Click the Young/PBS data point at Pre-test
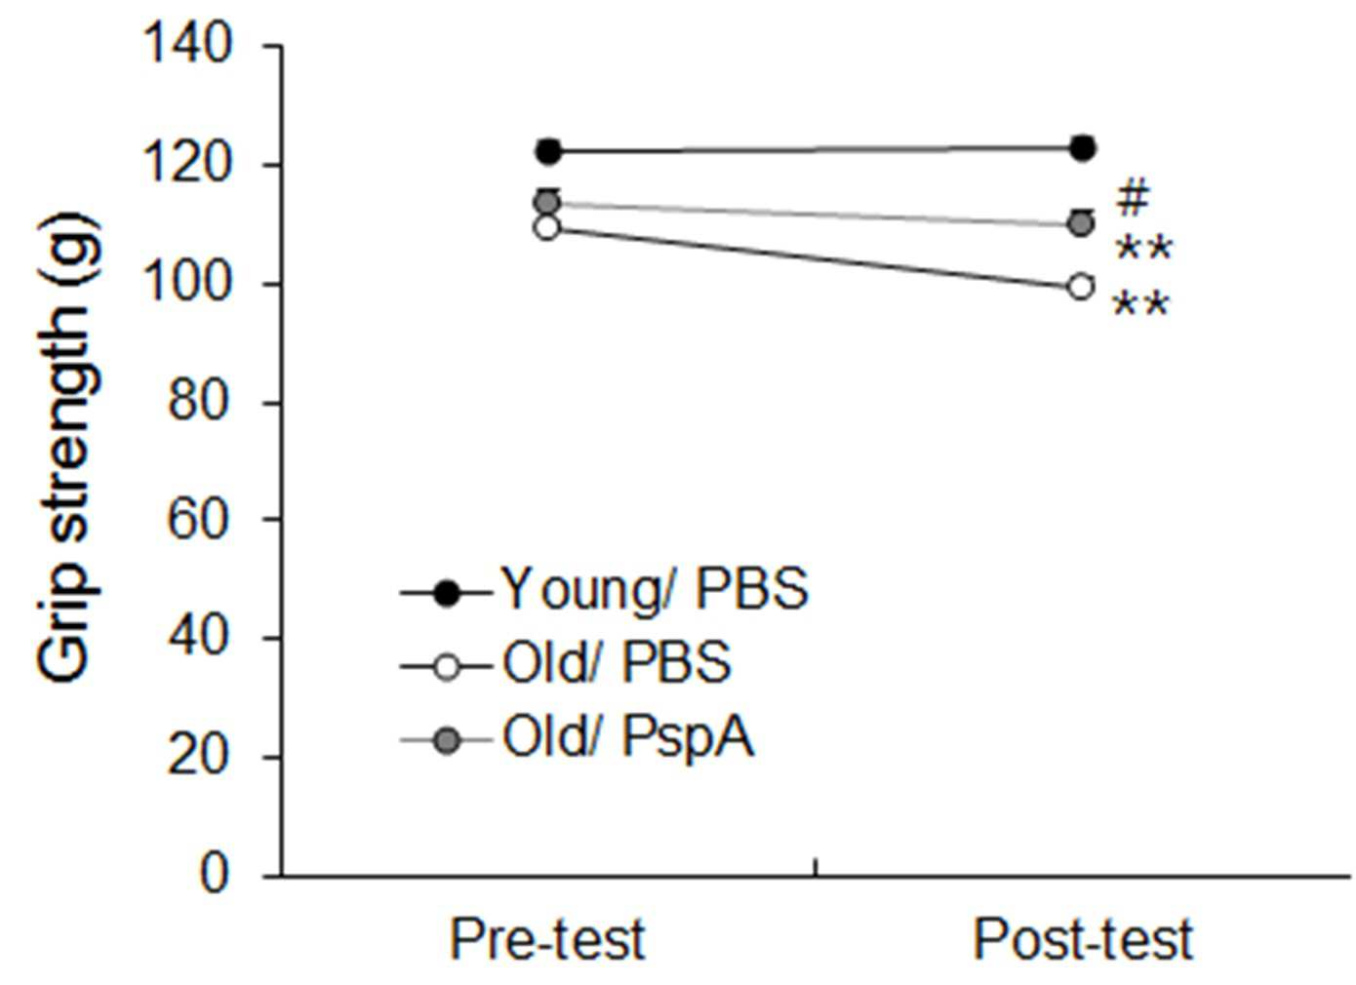point(548,150)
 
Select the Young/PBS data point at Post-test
point(1083,148)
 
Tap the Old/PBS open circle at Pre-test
point(547,228)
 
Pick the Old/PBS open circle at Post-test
point(1082,286)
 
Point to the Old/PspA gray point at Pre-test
point(548,202)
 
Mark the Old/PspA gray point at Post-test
point(1081,224)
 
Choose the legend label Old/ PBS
point(617,663)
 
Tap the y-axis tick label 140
point(188,46)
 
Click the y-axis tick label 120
point(188,164)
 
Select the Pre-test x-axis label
point(547,940)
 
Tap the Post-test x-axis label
point(1083,940)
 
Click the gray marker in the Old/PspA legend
point(448,739)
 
